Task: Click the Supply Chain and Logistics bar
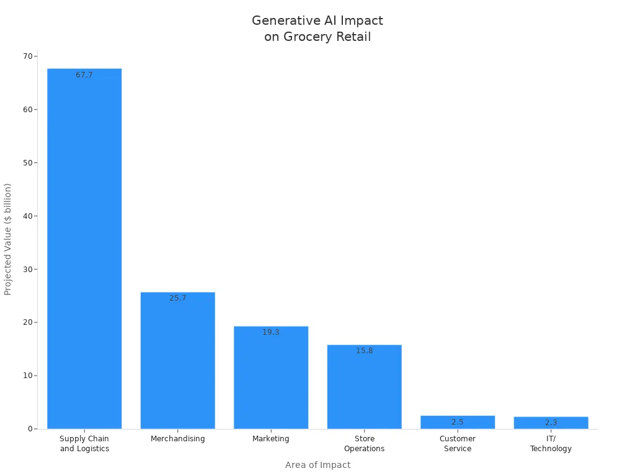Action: tap(84, 248)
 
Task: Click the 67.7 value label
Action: tap(84, 75)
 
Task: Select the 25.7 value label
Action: tap(177, 298)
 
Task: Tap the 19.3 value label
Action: tap(271, 332)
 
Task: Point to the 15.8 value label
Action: tap(364, 351)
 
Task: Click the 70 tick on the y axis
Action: tap(28, 56)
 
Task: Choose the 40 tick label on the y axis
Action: tap(28, 216)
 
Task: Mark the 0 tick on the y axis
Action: tap(30, 429)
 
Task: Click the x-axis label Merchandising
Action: tap(177, 439)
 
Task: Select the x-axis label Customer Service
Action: tap(458, 444)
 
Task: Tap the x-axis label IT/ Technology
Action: tap(551, 444)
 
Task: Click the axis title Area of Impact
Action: tap(317, 465)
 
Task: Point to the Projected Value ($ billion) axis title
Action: tap(8, 239)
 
